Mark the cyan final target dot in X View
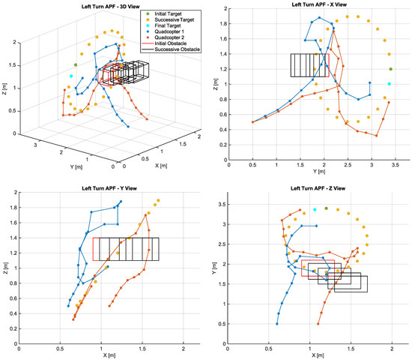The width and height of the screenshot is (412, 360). click(x=389, y=83)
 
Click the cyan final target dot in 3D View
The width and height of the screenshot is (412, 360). click(x=72, y=76)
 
